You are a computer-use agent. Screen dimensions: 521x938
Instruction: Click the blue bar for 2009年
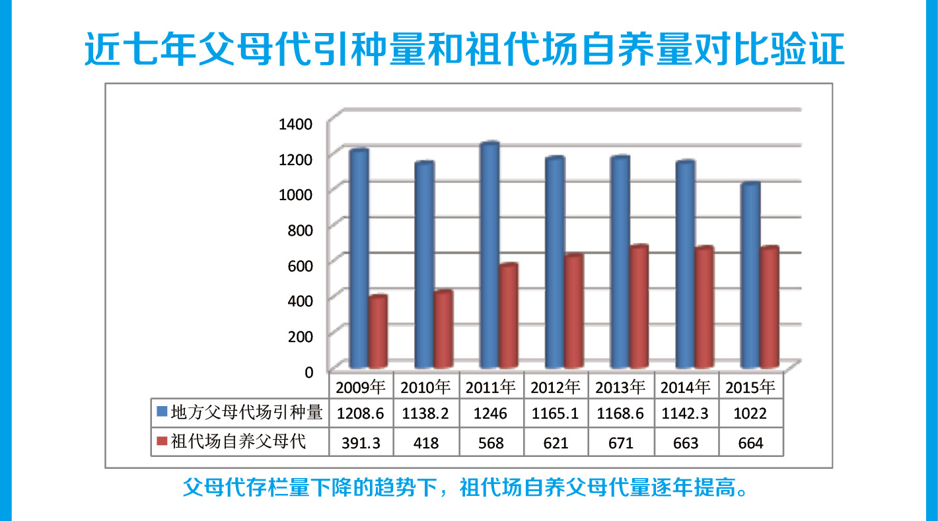(x=359, y=259)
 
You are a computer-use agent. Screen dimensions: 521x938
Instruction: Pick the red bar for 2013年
(x=639, y=306)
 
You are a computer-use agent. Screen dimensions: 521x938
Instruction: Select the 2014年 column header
(x=686, y=387)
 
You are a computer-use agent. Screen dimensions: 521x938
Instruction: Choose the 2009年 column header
(x=360, y=387)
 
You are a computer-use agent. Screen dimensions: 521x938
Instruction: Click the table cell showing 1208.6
(x=360, y=414)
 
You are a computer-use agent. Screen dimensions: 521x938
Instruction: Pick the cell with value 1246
(x=491, y=414)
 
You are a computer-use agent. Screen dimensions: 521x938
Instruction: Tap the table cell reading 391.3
(x=360, y=443)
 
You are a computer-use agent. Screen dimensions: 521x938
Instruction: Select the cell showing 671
(x=620, y=443)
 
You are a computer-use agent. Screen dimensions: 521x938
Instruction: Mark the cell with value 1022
(x=750, y=414)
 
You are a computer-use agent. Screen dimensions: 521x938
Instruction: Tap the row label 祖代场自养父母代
(x=238, y=442)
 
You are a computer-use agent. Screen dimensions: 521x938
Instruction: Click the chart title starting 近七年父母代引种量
(x=465, y=49)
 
